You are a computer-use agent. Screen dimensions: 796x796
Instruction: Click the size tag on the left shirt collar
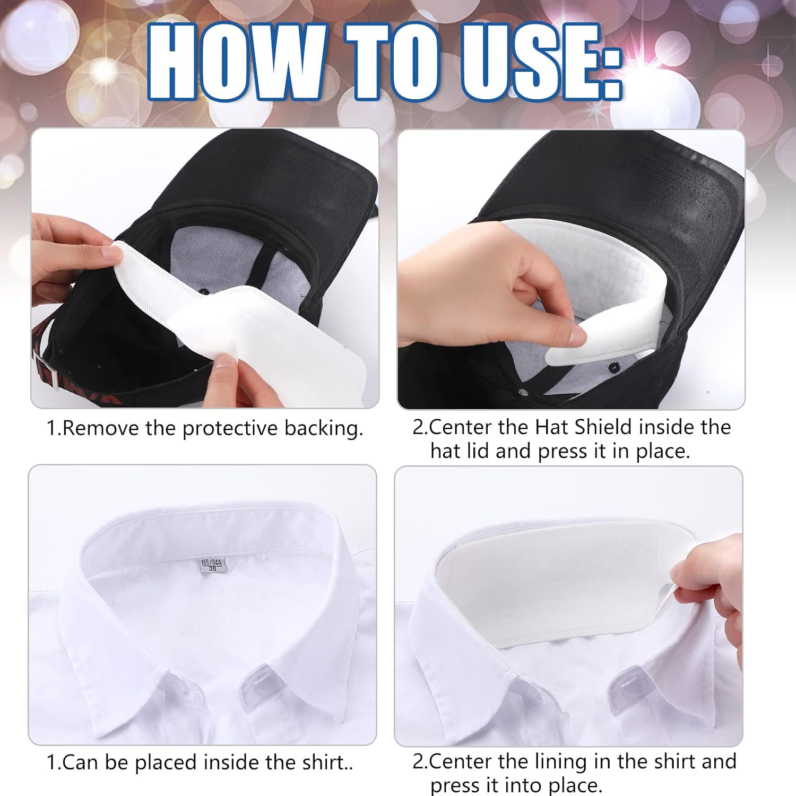tap(213, 565)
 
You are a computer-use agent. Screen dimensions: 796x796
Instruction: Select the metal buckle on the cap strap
tap(45, 371)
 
